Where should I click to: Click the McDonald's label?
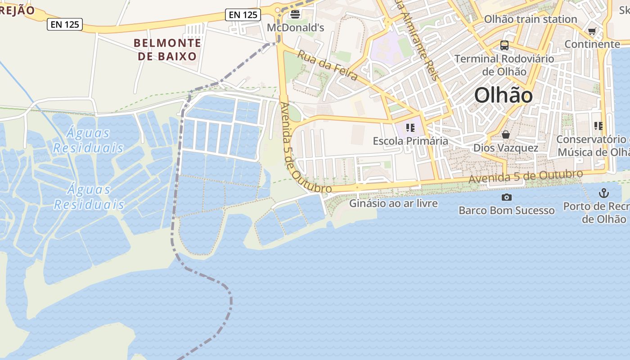(295, 28)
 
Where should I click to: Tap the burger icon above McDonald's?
(295, 14)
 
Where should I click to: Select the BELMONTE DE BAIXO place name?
(167, 49)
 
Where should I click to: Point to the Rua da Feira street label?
(328, 66)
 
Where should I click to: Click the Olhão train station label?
(530, 19)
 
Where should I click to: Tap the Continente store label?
(592, 44)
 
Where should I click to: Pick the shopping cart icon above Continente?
(592, 31)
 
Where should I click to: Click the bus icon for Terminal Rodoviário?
(504, 45)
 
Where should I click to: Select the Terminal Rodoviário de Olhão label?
(504, 65)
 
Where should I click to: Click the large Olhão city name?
(504, 96)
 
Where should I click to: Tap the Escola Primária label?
(410, 141)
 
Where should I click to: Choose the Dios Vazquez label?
(505, 148)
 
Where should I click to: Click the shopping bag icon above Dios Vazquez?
(506, 135)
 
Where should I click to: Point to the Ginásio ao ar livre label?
(393, 203)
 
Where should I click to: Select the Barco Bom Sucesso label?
(506, 210)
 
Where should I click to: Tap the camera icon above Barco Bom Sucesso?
(506, 197)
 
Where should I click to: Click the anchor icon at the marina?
(603, 193)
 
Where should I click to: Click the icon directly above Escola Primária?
(410, 128)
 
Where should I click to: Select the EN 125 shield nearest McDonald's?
(243, 15)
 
